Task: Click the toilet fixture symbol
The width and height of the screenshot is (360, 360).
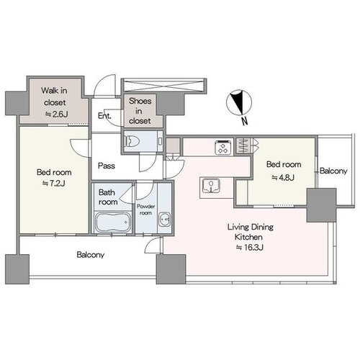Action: click(x=130, y=142)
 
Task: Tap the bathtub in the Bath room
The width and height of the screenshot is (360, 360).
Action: click(x=113, y=222)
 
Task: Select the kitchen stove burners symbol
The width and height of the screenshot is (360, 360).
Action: click(x=223, y=148)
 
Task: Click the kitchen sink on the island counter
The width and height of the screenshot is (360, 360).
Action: click(x=211, y=186)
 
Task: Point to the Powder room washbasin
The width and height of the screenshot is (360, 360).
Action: click(x=165, y=220)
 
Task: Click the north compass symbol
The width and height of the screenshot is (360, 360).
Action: click(x=239, y=102)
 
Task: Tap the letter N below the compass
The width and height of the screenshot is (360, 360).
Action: click(x=244, y=122)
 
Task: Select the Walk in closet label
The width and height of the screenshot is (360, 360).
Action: click(x=54, y=96)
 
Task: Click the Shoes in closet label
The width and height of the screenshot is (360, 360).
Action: click(x=140, y=111)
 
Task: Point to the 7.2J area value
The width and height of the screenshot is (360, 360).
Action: click(x=54, y=184)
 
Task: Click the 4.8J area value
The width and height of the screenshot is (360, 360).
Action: click(x=283, y=177)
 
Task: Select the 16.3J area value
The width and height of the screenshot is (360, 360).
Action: click(x=250, y=247)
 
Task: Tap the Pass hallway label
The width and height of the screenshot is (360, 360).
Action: click(x=107, y=166)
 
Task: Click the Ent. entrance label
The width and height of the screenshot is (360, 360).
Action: click(x=104, y=116)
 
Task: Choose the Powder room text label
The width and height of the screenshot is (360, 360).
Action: click(x=145, y=210)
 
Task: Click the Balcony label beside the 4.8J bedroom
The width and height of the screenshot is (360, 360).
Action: click(x=333, y=171)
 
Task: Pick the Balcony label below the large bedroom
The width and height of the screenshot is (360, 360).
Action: click(x=91, y=255)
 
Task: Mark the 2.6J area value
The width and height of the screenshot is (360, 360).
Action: click(x=57, y=114)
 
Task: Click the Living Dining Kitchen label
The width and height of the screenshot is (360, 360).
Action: click(x=250, y=232)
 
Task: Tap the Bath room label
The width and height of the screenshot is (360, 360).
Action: click(x=108, y=197)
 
